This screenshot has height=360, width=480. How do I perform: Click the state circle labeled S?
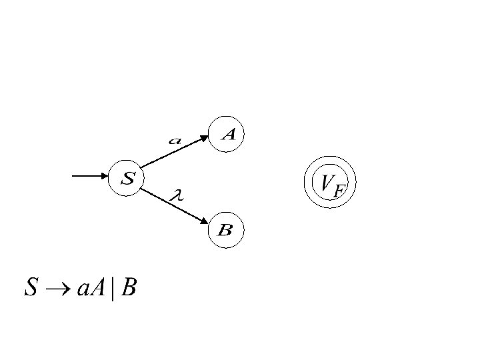(126, 178)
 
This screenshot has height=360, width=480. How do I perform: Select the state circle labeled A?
(228, 135)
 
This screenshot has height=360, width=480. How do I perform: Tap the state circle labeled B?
(225, 231)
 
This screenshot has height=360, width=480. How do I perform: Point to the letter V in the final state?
(326, 181)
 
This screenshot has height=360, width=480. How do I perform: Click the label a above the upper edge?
(175, 141)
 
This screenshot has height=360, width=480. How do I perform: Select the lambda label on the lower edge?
(177, 195)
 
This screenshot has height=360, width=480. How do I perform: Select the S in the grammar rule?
(31, 288)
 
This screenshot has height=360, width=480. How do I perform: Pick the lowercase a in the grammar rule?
(84, 290)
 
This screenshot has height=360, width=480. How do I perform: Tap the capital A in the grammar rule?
(99, 288)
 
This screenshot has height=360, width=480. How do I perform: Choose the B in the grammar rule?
(129, 288)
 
